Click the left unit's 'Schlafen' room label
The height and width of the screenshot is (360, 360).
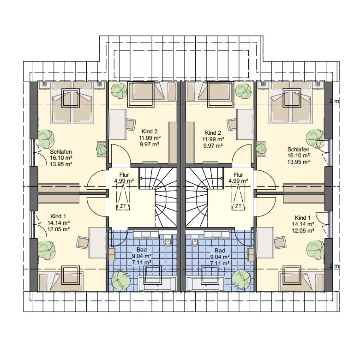coord(61,152)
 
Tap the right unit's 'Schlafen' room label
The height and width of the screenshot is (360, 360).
coord(298,150)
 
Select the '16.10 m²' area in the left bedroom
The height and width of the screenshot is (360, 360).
coord(61,158)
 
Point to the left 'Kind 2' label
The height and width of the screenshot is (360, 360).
coord(149,132)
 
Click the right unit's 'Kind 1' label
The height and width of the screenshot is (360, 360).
coord(303,218)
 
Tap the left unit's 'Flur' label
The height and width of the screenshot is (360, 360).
coord(124,175)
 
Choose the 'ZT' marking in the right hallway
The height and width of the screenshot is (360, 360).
coord(238,206)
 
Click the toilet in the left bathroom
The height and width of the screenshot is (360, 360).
coord(168,241)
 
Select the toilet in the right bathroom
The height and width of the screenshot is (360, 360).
coord(194,241)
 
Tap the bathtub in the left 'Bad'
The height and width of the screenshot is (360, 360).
coord(157,284)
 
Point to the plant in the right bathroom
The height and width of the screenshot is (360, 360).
coord(241,280)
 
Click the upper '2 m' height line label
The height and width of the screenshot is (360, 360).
coord(334,101)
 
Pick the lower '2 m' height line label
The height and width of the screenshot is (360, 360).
coord(334,266)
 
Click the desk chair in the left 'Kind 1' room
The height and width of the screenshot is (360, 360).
coord(83,242)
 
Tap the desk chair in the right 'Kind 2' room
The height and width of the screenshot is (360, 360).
coord(232,125)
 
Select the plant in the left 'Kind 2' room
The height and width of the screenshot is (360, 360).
coord(119,90)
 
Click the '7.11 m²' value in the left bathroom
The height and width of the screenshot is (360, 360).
coord(141,262)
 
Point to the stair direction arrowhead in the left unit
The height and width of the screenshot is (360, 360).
coord(141,178)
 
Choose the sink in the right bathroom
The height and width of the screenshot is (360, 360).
coord(217,234)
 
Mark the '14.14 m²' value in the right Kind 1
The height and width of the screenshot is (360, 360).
coord(303,224)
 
